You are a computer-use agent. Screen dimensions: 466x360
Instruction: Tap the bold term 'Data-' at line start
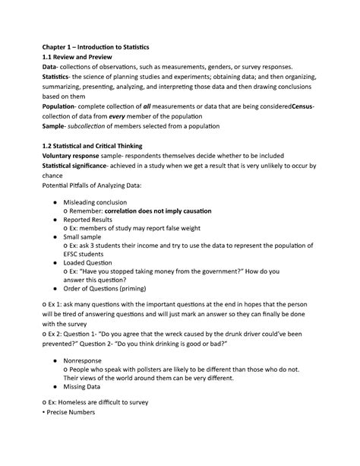tap(34, 74)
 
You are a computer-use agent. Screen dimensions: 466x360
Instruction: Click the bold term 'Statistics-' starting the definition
tap(44, 86)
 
